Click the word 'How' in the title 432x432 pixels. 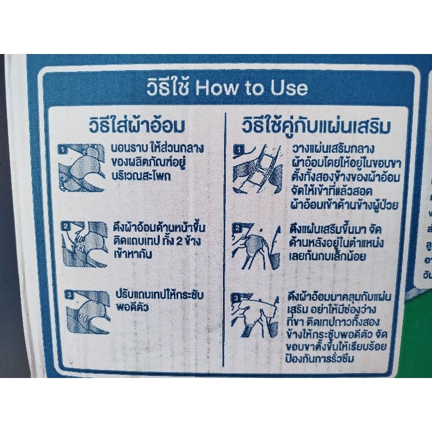tap(217, 87)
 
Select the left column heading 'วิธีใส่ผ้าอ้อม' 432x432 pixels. tap(137, 125)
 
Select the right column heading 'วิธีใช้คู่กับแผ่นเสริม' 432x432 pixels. tap(316, 126)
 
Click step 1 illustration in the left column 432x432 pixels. tap(82, 168)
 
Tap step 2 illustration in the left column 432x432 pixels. tap(84, 244)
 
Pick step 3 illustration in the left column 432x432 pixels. tap(87, 312)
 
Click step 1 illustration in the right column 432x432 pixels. tap(258, 169)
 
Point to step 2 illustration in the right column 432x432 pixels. tap(256, 246)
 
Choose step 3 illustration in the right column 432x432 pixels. tap(255, 315)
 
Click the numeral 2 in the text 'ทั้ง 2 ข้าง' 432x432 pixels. tap(179, 241)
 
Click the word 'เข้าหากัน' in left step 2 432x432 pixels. tap(133, 254)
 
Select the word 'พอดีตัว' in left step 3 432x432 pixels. tap(132, 307)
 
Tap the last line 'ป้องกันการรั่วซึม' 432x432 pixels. tap(319, 359)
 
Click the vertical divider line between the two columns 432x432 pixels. tap(225, 239)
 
